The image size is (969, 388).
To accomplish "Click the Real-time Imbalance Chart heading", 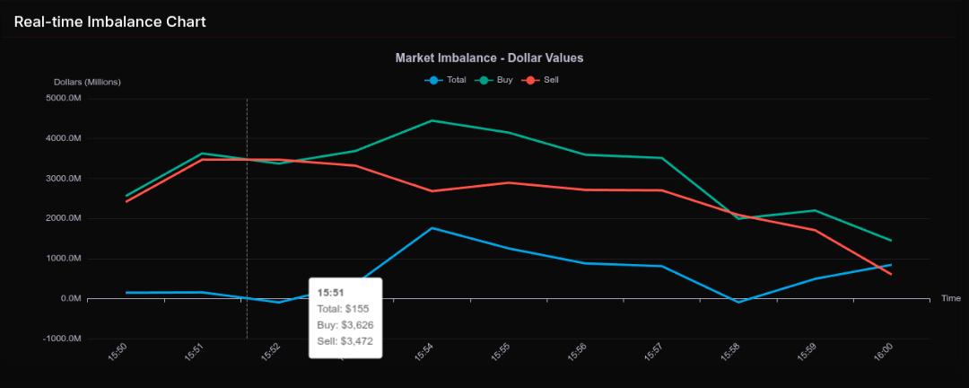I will click(x=109, y=22).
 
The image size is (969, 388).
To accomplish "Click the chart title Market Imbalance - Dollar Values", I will click(x=490, y=57).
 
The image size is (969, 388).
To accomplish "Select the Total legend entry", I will click(x=446, y=80).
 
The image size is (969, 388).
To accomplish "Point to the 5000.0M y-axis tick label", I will click(x=64, y=99).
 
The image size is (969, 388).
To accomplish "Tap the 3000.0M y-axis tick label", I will click(x=64, y=179).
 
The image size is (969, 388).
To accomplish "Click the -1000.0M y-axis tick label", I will click(x=63, y=339).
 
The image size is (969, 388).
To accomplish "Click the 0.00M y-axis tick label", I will click(x=68, y=298).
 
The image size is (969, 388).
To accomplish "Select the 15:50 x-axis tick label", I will click(x=118, y=353).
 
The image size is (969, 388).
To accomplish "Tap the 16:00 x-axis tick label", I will click(x=883, y=353).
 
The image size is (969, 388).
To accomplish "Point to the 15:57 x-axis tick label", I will click(x=654, y=353).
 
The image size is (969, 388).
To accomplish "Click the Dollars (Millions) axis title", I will click(x=87, y=82).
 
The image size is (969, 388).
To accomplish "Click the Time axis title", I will click(x=951, y=298).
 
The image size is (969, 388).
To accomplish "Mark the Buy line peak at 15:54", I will click(x=432, y=120).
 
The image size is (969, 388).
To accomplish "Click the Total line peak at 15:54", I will click(x=432, y=228).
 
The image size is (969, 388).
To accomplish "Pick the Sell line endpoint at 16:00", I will click(x=891, y=274).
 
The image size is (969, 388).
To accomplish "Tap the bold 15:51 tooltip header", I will click(x=330, y=292).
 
